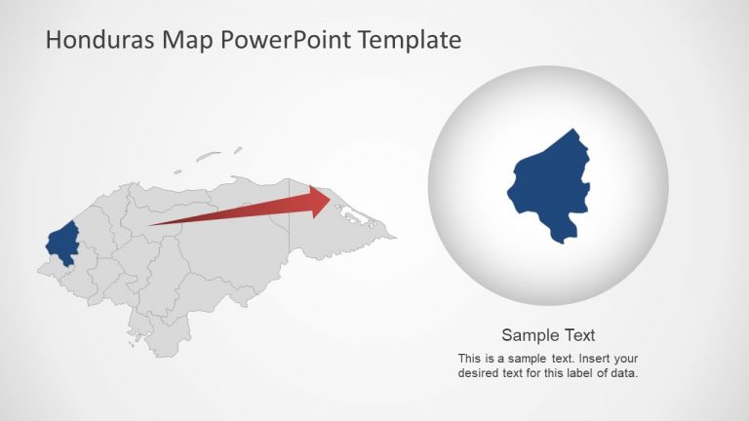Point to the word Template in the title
coord(409,40)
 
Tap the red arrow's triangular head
coord(321,202)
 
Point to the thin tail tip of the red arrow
coord(152,225)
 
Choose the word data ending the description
coord(622,372)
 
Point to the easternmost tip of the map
coord(395,236)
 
